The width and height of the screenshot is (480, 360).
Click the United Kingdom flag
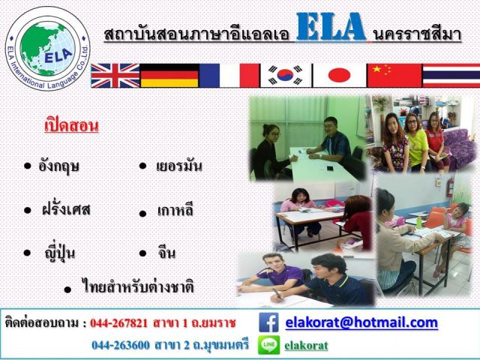[x=115, y=76]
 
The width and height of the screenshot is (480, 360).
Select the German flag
[x=169, y=76]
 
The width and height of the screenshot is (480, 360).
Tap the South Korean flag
[x=286, y=75]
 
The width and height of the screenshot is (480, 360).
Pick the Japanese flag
[x=339, y=75]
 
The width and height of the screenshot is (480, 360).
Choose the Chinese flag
[x=394, y=75]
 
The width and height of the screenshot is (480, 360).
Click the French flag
[x=229, y=76]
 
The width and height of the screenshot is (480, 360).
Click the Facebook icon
[x=268, y=322]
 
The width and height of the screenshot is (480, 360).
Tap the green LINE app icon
[x=268, y=345]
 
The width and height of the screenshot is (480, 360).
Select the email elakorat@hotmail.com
[x=361, y=322]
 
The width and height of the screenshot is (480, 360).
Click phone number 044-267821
[x=118, y=323]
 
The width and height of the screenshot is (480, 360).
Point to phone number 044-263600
[x=121, y=345]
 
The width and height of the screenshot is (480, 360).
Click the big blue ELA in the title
[x=331, y=27]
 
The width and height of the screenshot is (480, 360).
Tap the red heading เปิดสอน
[x=72, y=125]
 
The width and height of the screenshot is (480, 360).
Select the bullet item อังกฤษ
[x=58, y=166]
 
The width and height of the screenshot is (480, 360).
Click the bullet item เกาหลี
[x=175, y=211]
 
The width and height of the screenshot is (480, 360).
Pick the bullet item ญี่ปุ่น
[x=60, y=253]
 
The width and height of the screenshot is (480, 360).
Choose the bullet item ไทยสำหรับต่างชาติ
[x=138, y=286]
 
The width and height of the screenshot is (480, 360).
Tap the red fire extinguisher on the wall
[x=449, y=187]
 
